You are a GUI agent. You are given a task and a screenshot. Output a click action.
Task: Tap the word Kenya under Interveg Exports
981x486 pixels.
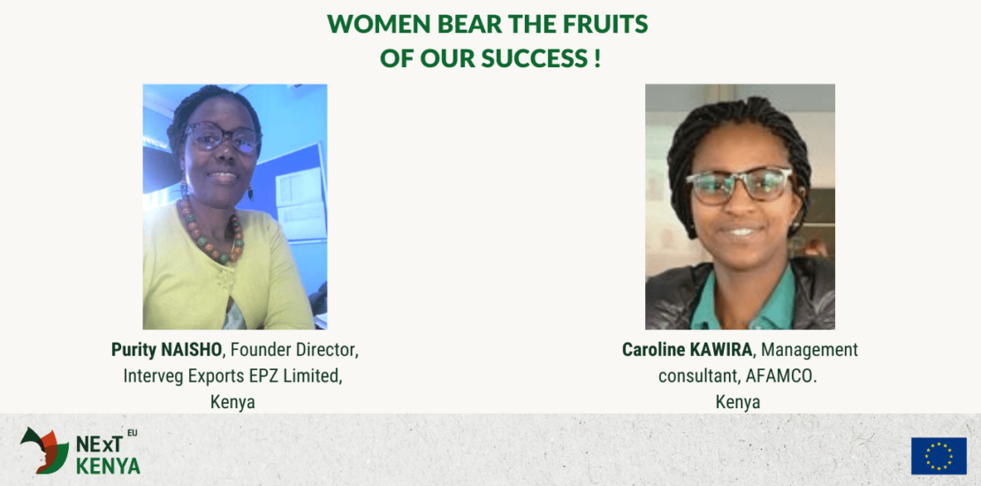click(x=232, y=402)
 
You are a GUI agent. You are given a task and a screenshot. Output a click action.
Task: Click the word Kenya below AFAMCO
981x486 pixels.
click(x=738, y=402)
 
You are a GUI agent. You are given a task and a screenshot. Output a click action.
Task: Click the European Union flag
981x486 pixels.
click(x=939, y=455)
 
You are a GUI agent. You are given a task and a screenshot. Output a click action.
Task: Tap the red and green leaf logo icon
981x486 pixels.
click(x=44, y=450)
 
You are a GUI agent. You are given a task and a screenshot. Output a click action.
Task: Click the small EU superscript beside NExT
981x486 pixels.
click(x=133, y=432)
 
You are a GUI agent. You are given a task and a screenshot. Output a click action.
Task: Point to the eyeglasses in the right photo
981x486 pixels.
click(x=740, y=186)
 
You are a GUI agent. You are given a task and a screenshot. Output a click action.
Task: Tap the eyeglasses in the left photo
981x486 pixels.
click(x=223, y=137)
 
